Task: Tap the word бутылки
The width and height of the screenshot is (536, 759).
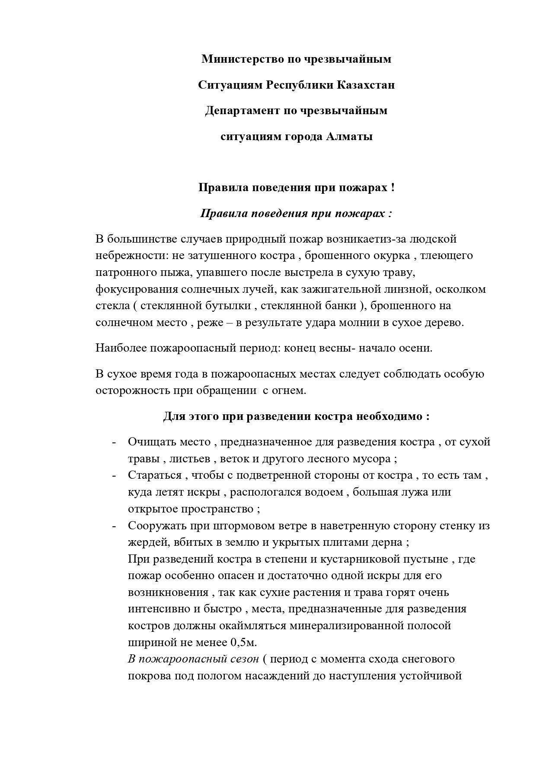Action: coord(229,305)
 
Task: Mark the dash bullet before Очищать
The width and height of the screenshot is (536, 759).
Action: coord(114,442)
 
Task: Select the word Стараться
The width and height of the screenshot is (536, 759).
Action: coord(154,475)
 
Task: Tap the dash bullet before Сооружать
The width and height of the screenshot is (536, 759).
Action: coord(114,526)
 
